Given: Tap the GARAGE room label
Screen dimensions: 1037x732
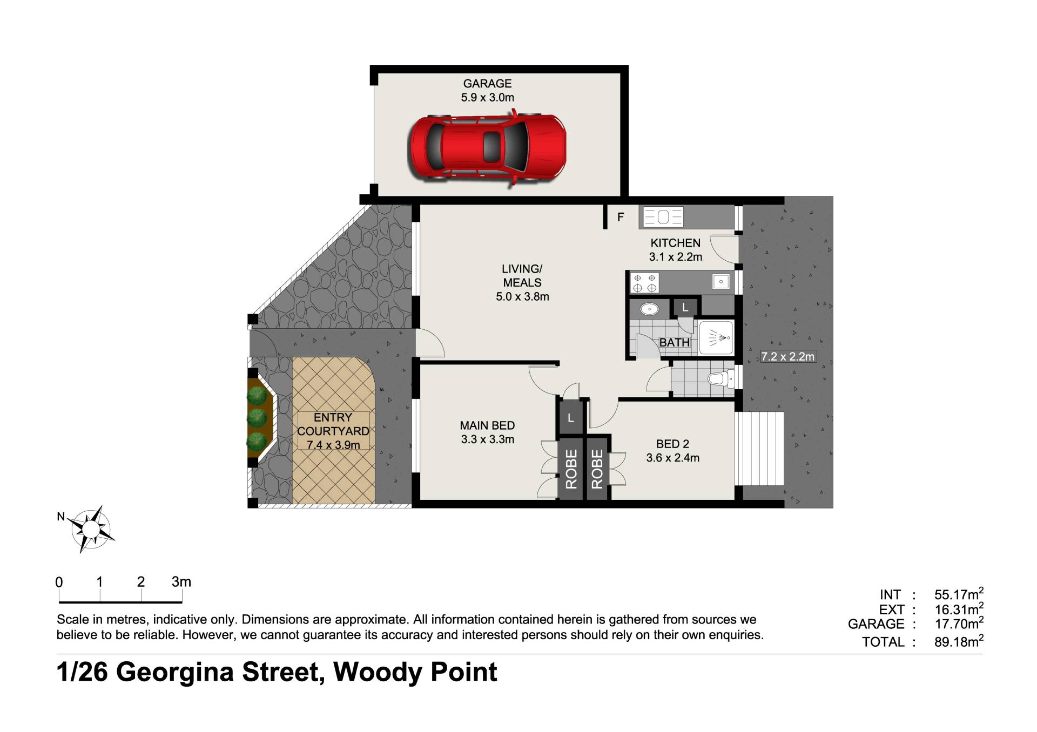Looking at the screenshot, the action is pyautogui.click(x=487, y=84).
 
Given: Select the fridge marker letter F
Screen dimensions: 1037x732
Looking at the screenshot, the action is pyautogui.click(x=621, y=217).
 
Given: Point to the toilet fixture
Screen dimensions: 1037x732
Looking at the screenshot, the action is pyautogui.click(x=721, y=378).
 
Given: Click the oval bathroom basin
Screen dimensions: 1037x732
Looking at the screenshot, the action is pyautogui.click(x=649, y=309).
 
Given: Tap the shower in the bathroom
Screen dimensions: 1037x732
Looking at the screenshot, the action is pyautogui.click(x=716, y=338).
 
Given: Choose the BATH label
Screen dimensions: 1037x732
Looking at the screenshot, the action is pyautogui.click(x=675, y=343).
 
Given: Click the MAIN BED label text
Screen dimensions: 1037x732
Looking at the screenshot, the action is pyautogui.click(x=487, y=426).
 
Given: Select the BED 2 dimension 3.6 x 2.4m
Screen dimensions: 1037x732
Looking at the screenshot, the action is pyautogui.click(x=672, y=458).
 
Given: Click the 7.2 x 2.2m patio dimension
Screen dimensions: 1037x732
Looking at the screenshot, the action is pyautogui.click(x=788, y=357).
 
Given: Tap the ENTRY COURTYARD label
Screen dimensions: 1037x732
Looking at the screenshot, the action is pyautogui.click(x=333, y=424).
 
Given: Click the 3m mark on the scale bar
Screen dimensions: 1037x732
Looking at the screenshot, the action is pyautogui.click(x=181, y=582).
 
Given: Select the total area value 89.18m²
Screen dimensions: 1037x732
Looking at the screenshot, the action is pyautogui.click(x=959, y=641).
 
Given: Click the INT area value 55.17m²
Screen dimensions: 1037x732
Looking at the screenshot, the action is pyautogui.click(x=959, y=594).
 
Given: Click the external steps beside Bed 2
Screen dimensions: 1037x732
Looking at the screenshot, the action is pyautogui.click(x=763, y=449).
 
